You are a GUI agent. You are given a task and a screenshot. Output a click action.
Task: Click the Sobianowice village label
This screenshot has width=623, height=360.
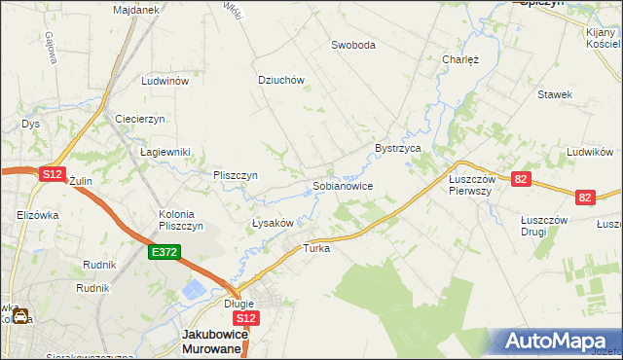343,185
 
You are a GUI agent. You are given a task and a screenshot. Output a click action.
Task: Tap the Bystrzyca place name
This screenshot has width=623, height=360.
397,148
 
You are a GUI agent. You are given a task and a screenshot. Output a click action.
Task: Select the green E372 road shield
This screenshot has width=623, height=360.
164,252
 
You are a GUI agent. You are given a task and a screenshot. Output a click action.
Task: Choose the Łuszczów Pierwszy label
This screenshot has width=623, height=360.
472,185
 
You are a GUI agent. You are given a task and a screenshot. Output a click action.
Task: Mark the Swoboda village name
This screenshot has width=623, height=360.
353,45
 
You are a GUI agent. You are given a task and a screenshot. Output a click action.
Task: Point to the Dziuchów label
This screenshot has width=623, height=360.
281,81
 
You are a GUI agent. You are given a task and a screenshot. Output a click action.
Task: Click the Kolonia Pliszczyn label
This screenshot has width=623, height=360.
180,220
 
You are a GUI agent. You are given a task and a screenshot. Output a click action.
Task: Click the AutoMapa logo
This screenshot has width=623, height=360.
559,342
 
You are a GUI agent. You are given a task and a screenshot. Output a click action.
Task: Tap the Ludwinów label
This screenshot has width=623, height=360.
164,82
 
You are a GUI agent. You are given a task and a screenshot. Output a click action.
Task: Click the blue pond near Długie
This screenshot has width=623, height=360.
196,289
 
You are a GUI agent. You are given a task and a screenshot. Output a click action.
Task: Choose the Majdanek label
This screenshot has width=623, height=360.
135,9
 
